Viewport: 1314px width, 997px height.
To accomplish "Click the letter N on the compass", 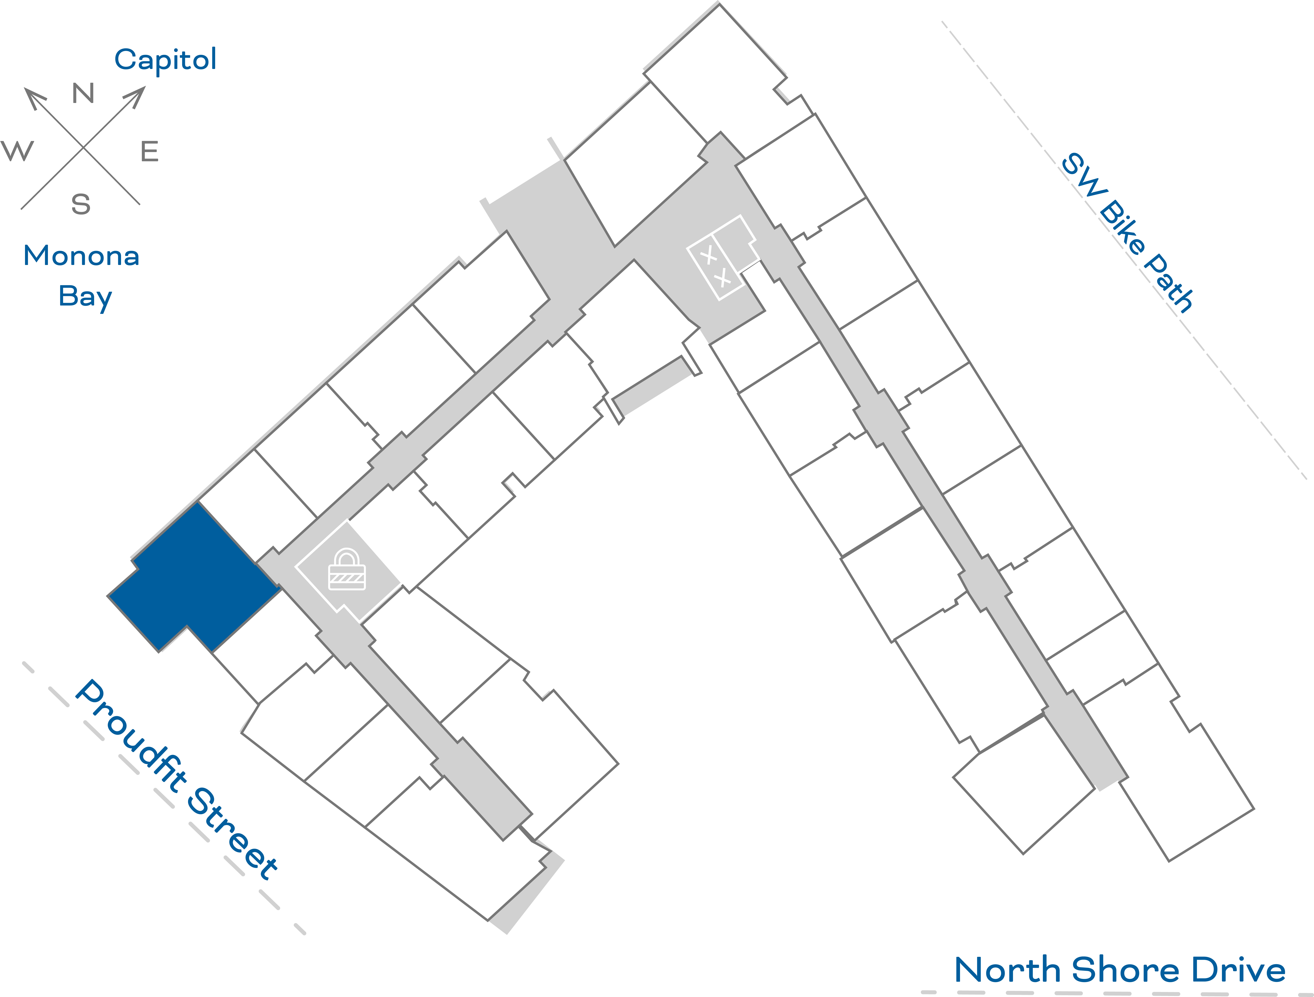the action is click(x=83, y=93).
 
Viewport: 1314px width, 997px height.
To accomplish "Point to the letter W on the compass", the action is click(x=18, y=151).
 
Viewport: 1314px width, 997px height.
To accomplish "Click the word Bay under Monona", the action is click(x=85, y=297).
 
